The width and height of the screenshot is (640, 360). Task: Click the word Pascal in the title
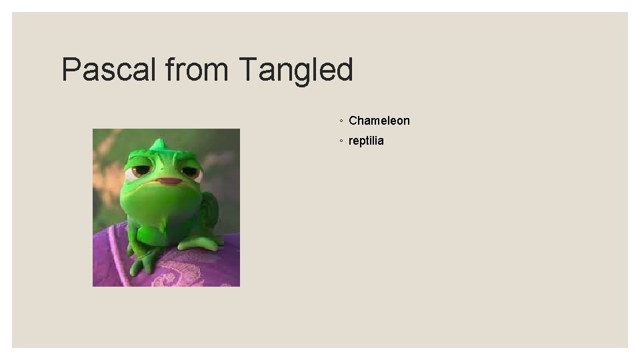click(107, 69)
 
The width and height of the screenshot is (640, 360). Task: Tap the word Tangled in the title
click(295, 69)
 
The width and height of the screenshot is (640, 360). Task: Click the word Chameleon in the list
click(379, 121)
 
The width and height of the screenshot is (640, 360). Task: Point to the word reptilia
click(366, 141)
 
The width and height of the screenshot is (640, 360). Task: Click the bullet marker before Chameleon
click(341, 121)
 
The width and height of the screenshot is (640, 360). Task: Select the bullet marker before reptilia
click(341, 142)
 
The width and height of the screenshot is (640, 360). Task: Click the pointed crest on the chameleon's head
click(159, 143)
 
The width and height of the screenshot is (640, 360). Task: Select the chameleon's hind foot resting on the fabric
click(200, 243)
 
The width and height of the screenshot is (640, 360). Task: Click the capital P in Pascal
click(70, 69)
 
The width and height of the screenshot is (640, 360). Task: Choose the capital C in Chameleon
click(353, 121)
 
